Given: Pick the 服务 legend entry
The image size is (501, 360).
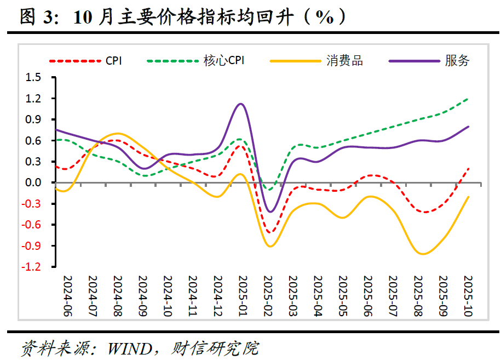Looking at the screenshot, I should [457, 61].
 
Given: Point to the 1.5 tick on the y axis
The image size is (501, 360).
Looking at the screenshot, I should [33, 77].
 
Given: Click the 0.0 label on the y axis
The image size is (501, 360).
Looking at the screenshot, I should [33, 182].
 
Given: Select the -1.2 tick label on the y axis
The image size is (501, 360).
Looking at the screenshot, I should [32, 267].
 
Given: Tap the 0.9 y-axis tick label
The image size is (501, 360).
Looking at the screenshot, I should [33, 119].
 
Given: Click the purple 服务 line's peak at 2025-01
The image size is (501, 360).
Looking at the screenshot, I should [241, 104].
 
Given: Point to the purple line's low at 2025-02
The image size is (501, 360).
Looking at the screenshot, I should [270, 212].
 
